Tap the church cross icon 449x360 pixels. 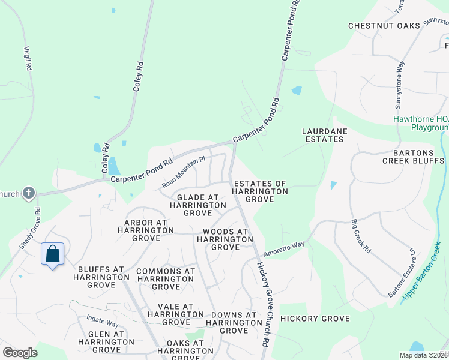(x=28, y=193)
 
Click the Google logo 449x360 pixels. (x=20, y=353)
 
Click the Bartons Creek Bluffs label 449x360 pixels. (x=413, y=157)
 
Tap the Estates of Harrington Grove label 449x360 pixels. (x=261, y=191)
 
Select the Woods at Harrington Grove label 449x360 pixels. (x=226, y=239)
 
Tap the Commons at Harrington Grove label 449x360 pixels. (x=166, y=279)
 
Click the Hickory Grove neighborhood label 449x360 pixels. (x=315, y=318)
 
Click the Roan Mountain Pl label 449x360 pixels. (x=184, y=172)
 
